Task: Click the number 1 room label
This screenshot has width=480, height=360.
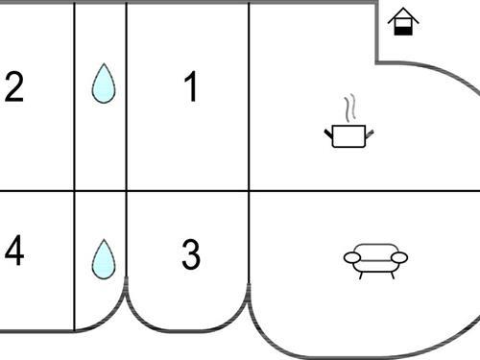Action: click(191, 86)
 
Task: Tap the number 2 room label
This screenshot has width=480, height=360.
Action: click(14, 87)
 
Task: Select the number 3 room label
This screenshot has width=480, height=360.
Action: click(191, 254)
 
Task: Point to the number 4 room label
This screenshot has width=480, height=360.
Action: click(14, 251)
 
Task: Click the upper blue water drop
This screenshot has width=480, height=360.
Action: click(104, 84)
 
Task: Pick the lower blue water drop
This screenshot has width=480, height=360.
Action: click(104, 259)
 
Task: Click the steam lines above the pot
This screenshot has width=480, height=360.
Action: click(350, 108)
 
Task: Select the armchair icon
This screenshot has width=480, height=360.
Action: click(375, 261)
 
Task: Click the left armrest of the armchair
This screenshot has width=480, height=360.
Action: click(352, 257)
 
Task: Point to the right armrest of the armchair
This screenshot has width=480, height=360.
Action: click(399, 257)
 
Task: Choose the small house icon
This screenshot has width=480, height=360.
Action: click(403, 21)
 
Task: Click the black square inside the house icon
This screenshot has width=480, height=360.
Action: click(403, 31)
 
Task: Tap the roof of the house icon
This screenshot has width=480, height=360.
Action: click(403, 15)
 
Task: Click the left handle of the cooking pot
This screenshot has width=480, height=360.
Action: click(328, 134)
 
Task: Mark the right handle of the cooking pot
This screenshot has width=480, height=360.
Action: click(370, 134)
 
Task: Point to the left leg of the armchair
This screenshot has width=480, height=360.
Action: click(361, 276)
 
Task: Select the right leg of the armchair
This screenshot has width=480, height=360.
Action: click(392, 276)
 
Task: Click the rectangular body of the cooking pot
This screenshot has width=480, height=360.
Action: click(348, 136)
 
